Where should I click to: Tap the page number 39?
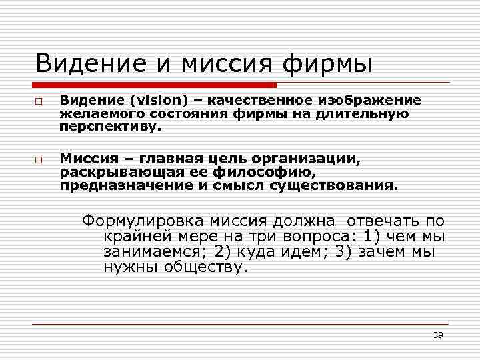point(438,335)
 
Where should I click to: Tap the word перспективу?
point(111,126)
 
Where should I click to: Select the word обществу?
point(208,269)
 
